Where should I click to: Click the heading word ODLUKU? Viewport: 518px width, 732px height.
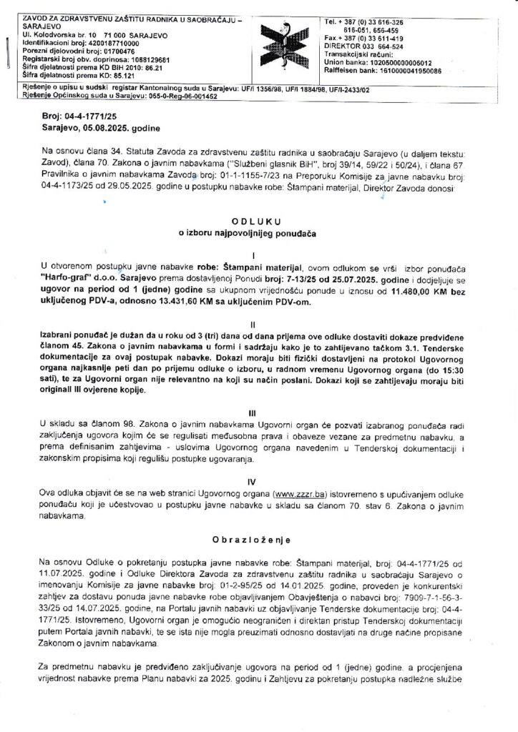(261, 222)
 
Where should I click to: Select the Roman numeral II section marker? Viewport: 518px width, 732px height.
(260, 323)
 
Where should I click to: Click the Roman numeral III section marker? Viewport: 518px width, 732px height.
(260, 413)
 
